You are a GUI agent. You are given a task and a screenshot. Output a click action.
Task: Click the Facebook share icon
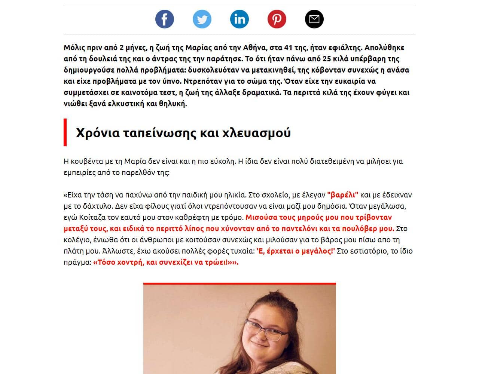pyautogui.click(x=165, y=19)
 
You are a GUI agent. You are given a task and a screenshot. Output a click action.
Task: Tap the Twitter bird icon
pyautogui.click(x=202, y=19)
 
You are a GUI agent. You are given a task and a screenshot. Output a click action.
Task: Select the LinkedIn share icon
pyautogui.click(x=239, y=19)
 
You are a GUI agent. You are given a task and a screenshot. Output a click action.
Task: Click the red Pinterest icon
pyautogui.click(x=277, y=19)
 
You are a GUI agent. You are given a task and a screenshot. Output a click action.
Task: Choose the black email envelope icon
pyautogui.click(x=314, y=19)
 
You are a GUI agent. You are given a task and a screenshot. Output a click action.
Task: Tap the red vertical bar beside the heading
pyautogui.click(x=65, y=132)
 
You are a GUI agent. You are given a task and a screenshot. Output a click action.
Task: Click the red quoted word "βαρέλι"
pyautogui.click(x=343, y=195)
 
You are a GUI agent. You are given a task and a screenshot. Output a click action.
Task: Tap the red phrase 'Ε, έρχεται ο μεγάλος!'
pyautogui.click(x=296, y=251)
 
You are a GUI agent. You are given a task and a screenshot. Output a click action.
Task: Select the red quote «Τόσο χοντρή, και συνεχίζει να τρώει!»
pyautogui.click(x=165, y=262)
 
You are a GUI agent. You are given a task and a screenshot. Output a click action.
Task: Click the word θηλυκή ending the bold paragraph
pyautogui.click(x=173, y=104)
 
